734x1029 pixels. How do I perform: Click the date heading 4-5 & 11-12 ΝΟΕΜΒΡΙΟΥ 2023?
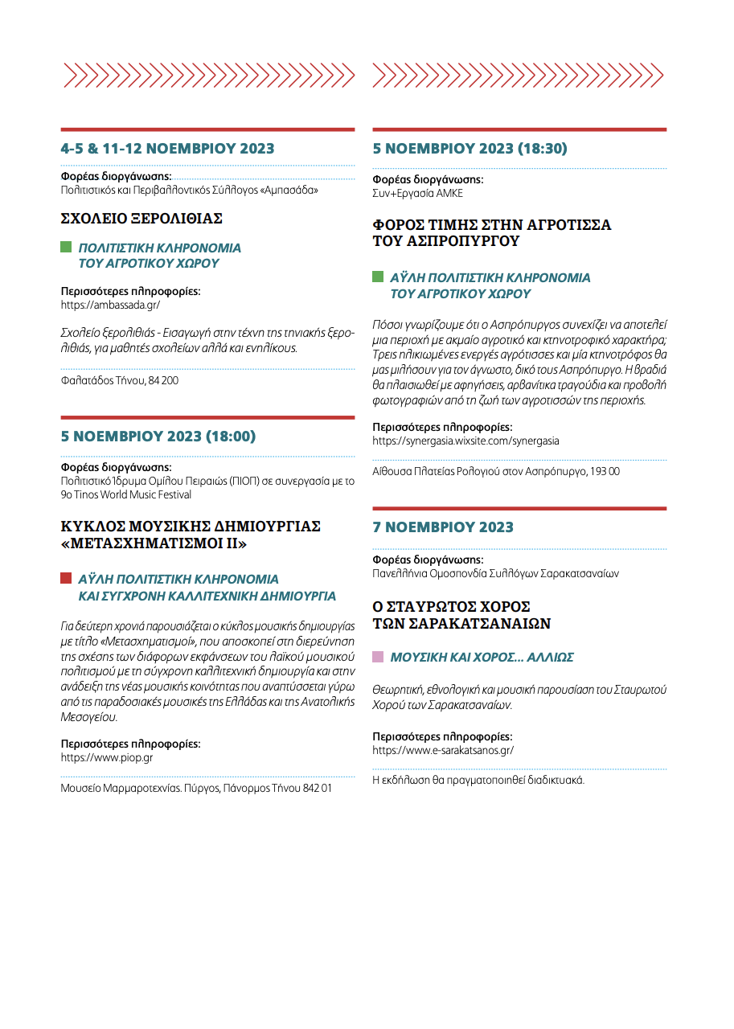pos(167,149)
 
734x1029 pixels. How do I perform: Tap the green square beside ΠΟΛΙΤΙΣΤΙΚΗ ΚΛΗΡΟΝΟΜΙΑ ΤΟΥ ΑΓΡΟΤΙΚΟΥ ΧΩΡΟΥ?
pos(67,248)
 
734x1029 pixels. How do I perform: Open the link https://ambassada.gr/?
pos(110,305)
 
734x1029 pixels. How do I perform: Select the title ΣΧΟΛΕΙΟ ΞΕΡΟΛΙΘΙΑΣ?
pos(141,219)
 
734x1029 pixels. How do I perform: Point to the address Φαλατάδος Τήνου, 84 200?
pos(120,380)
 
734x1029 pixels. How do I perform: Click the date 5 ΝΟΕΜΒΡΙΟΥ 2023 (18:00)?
pos(158,437)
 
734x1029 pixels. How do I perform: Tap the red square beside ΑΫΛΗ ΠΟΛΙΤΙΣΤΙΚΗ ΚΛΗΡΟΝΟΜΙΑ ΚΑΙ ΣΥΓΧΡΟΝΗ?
pos(67,579)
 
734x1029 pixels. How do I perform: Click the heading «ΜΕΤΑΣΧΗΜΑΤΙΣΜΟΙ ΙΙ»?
pos(154,543)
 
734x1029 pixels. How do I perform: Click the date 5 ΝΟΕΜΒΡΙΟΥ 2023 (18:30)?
pos(470,149)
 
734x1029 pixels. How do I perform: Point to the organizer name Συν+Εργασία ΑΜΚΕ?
pos(417,194)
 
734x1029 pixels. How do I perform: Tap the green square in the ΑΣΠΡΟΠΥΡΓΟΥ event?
pos(378,277)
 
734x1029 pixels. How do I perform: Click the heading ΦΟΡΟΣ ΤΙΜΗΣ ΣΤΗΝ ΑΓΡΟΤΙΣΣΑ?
pos(491,224)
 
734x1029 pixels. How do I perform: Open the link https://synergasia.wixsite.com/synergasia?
pos(465,441)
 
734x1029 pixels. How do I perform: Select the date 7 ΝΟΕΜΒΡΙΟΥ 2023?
pos(442,527)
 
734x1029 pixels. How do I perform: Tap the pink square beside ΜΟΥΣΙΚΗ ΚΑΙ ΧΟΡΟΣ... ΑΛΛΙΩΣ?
pos(378,657)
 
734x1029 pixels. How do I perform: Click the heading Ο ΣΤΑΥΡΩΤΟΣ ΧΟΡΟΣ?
pos(451,607)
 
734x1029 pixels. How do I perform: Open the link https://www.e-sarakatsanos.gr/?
pos(442,750)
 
